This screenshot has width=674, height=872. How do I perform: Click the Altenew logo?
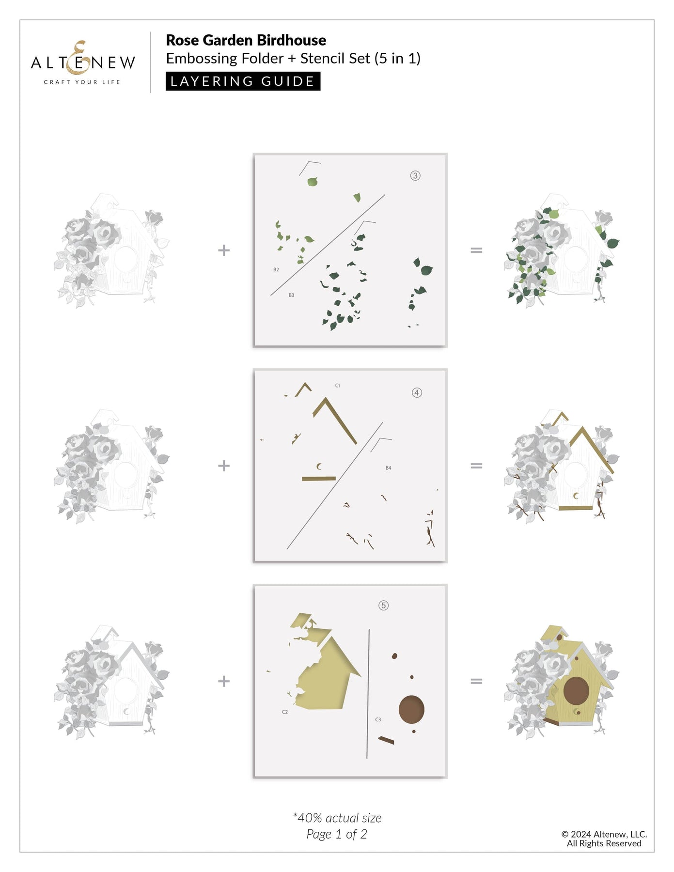click(83, 63)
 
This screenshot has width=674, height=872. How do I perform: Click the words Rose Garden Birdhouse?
click(246, 40)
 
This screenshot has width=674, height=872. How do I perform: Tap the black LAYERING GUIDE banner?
click(243, 81)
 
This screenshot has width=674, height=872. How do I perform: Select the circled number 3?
click(415, 175)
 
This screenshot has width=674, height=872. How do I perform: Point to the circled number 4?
click(417, 392)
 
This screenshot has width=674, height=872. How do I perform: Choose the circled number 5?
click(383, 605)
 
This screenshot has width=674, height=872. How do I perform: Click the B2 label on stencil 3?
click(276, 270)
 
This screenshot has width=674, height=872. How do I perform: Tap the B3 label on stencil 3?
click(291, 295)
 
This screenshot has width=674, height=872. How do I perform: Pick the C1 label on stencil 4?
click(338, 386)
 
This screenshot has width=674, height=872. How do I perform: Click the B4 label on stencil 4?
click(388, 468)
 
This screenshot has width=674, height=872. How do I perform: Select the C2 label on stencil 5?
click(285, 712)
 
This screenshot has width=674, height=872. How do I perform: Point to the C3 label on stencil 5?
click(378, 719)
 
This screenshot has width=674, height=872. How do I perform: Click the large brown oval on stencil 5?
click(411, 709)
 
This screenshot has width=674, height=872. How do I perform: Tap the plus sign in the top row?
click(224, 250)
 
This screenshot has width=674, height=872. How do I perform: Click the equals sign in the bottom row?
click(476, 681)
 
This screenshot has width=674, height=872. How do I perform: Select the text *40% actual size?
click(337, 818)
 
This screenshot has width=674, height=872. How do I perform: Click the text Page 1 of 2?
click(337, 834)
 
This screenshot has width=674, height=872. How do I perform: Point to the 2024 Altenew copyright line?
click(604, 834)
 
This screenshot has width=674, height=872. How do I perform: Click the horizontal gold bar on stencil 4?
click(319, 479)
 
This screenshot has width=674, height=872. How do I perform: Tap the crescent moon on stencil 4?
click(319, 467)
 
